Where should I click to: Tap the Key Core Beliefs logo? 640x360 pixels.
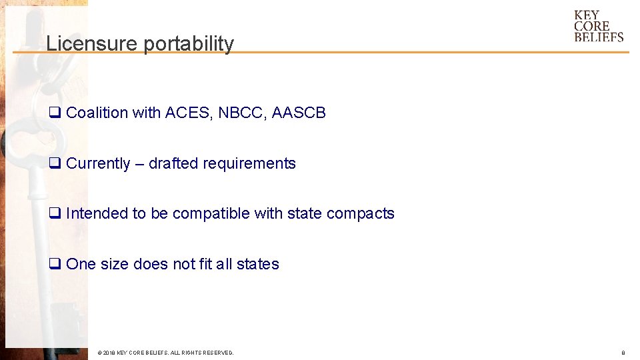598,26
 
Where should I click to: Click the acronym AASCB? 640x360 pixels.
299,113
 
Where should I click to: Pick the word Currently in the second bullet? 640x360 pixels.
98,164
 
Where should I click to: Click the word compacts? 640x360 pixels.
360,214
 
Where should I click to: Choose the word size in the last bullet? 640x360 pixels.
115,265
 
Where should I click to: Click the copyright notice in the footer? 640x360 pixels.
165,353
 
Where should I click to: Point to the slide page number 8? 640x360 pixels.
623,353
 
